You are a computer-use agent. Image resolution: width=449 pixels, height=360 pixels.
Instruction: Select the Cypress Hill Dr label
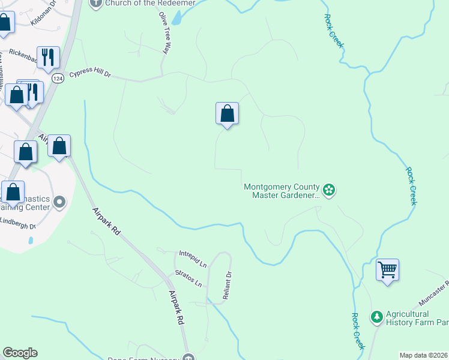click(91, 74)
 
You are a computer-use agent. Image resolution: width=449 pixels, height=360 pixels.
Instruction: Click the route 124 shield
click(58, 79)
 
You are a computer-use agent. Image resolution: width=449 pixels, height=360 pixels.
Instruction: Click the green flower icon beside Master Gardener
click(328, 191)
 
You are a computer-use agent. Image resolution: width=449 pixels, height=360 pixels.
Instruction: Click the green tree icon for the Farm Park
click(376, 316)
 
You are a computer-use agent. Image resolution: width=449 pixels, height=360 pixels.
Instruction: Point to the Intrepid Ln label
click(193, 259)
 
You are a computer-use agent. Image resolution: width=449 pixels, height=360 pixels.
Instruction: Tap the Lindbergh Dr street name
click(18, 225)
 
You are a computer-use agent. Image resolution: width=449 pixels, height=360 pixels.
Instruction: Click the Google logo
click(20, 353)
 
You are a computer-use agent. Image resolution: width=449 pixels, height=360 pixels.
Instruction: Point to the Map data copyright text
click(424, 355)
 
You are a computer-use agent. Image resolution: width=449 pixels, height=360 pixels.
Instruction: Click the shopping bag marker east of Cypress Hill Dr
click(228, 113)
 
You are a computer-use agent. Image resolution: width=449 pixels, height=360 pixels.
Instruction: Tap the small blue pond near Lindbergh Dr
click(30, 240)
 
